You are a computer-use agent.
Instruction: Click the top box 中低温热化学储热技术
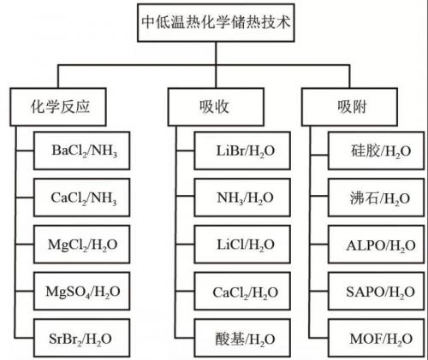(216, 23)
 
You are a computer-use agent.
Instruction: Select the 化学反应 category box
(58, 107)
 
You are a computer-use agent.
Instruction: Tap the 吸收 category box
(216, 107)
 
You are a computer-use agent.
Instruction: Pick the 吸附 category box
(349, 107)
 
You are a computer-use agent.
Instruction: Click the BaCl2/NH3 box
(82, 150)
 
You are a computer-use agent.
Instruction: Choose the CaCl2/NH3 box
(82, 198)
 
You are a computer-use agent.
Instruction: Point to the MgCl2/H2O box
(82, 245)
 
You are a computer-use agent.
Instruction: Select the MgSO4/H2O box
(82, 291)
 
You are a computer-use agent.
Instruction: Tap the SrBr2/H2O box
(82, 338)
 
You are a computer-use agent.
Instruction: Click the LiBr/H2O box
(242, 150)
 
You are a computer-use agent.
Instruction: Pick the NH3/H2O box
(242, 198)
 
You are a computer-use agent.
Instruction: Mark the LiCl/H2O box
(242, 245)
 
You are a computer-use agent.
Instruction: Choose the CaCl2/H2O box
(242, 291)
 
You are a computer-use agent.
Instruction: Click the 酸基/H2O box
(242, 338)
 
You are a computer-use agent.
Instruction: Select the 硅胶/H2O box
(377, 150)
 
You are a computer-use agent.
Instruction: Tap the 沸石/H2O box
(377, 198)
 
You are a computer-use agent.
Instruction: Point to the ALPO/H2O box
(377, 245)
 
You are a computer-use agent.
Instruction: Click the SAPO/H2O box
(377, 291)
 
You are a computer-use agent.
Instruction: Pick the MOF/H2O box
(377, 338)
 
